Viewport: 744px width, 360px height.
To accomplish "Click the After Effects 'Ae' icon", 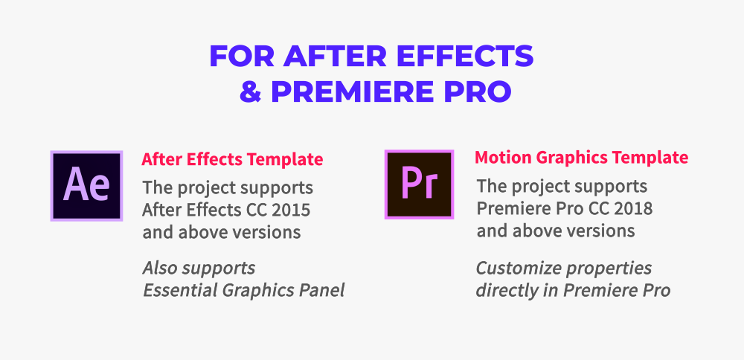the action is click(86, 185).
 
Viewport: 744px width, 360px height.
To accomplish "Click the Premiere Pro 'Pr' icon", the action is click(419, 184).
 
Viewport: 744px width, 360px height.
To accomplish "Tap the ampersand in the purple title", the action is click(250, 92).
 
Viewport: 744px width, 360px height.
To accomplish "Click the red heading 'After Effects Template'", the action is click(232, 159).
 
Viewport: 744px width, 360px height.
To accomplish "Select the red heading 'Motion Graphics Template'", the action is click(581, 158).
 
